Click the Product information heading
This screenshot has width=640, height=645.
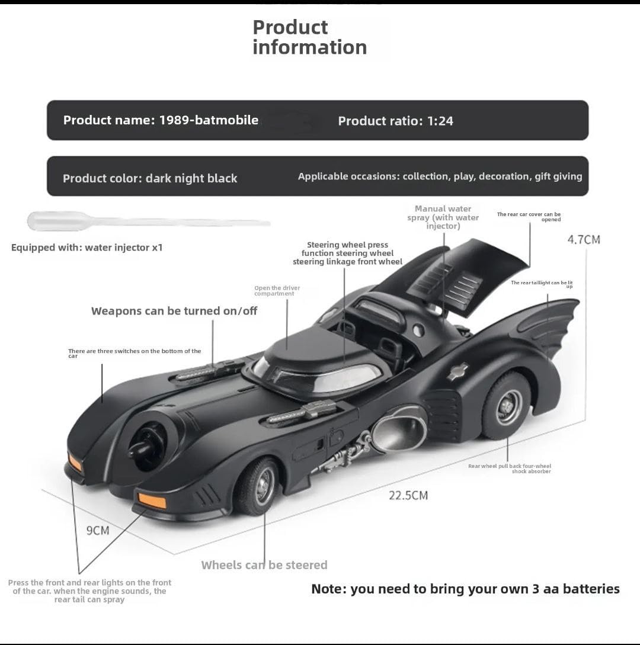coord(309,37)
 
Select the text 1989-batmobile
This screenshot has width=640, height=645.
coord(209,120)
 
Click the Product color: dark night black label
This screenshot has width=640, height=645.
coord(150,178)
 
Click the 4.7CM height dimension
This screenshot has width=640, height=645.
coord(584,239)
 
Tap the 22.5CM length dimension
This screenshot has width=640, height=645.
coord(408,495)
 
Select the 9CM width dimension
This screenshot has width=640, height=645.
coord(98,530)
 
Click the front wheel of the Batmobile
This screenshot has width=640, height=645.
coord(259,486)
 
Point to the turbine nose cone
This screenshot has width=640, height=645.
coord(148,444)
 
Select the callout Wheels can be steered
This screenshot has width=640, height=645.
coord(264,565)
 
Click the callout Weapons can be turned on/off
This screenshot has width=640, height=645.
coord(174,311)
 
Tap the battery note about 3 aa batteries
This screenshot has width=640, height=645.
coord(465,589)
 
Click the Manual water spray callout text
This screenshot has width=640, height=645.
coord(443,217)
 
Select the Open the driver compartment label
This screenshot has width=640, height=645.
coord(277,291)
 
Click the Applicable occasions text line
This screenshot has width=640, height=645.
coord(440,177)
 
